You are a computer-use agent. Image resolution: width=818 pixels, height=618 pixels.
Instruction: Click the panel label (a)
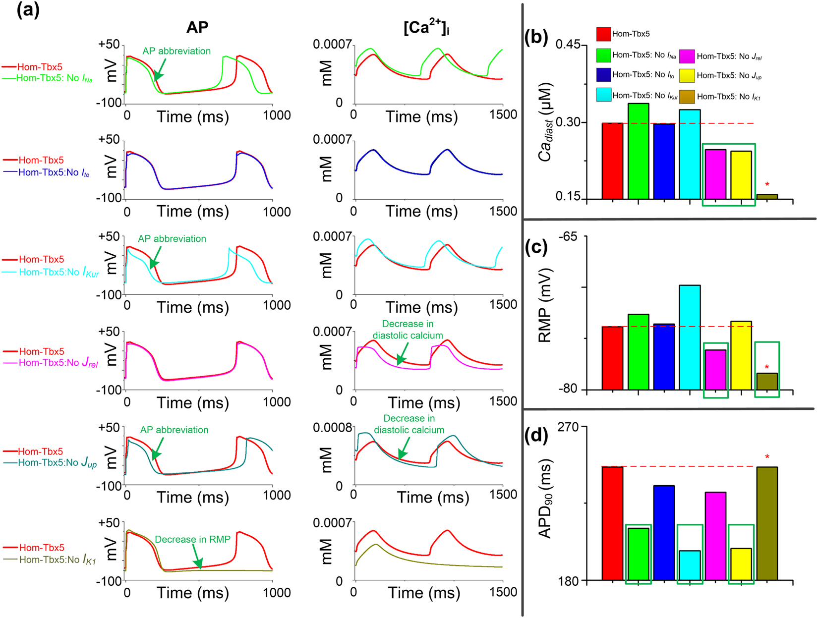click(28, 10)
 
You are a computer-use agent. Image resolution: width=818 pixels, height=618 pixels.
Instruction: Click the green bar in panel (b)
click(638, 151)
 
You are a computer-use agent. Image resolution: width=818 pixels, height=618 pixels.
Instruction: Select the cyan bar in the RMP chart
click(690, 337)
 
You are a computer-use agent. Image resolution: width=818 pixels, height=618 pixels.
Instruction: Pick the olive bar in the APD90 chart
click(767, 523)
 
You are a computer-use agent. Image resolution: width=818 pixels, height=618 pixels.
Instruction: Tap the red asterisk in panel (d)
click(767, 457)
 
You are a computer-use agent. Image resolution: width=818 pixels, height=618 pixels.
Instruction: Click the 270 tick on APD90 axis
click(569, 427)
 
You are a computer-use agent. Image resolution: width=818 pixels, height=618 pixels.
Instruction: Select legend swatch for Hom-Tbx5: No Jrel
click(687, 56)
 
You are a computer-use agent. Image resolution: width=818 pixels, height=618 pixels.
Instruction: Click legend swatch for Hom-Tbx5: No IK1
click(687, 97)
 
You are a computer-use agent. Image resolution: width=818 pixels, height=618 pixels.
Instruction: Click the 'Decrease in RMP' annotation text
click(192, 539)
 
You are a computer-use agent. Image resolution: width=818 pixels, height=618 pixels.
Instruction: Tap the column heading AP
click(197, 27)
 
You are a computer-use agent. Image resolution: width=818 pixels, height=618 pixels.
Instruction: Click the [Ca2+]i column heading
click(426, 28)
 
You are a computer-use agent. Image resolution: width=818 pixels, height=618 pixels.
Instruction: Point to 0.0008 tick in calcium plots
click(332, 427)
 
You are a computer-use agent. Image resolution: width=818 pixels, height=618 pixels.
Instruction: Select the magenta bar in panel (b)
click(715, 174)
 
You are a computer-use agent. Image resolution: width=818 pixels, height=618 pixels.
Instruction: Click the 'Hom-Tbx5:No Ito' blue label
click(54, 173)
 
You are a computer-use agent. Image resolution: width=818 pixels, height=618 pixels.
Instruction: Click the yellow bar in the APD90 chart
click(741, 564)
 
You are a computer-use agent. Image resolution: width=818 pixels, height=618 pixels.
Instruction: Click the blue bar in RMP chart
click(664, 357)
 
